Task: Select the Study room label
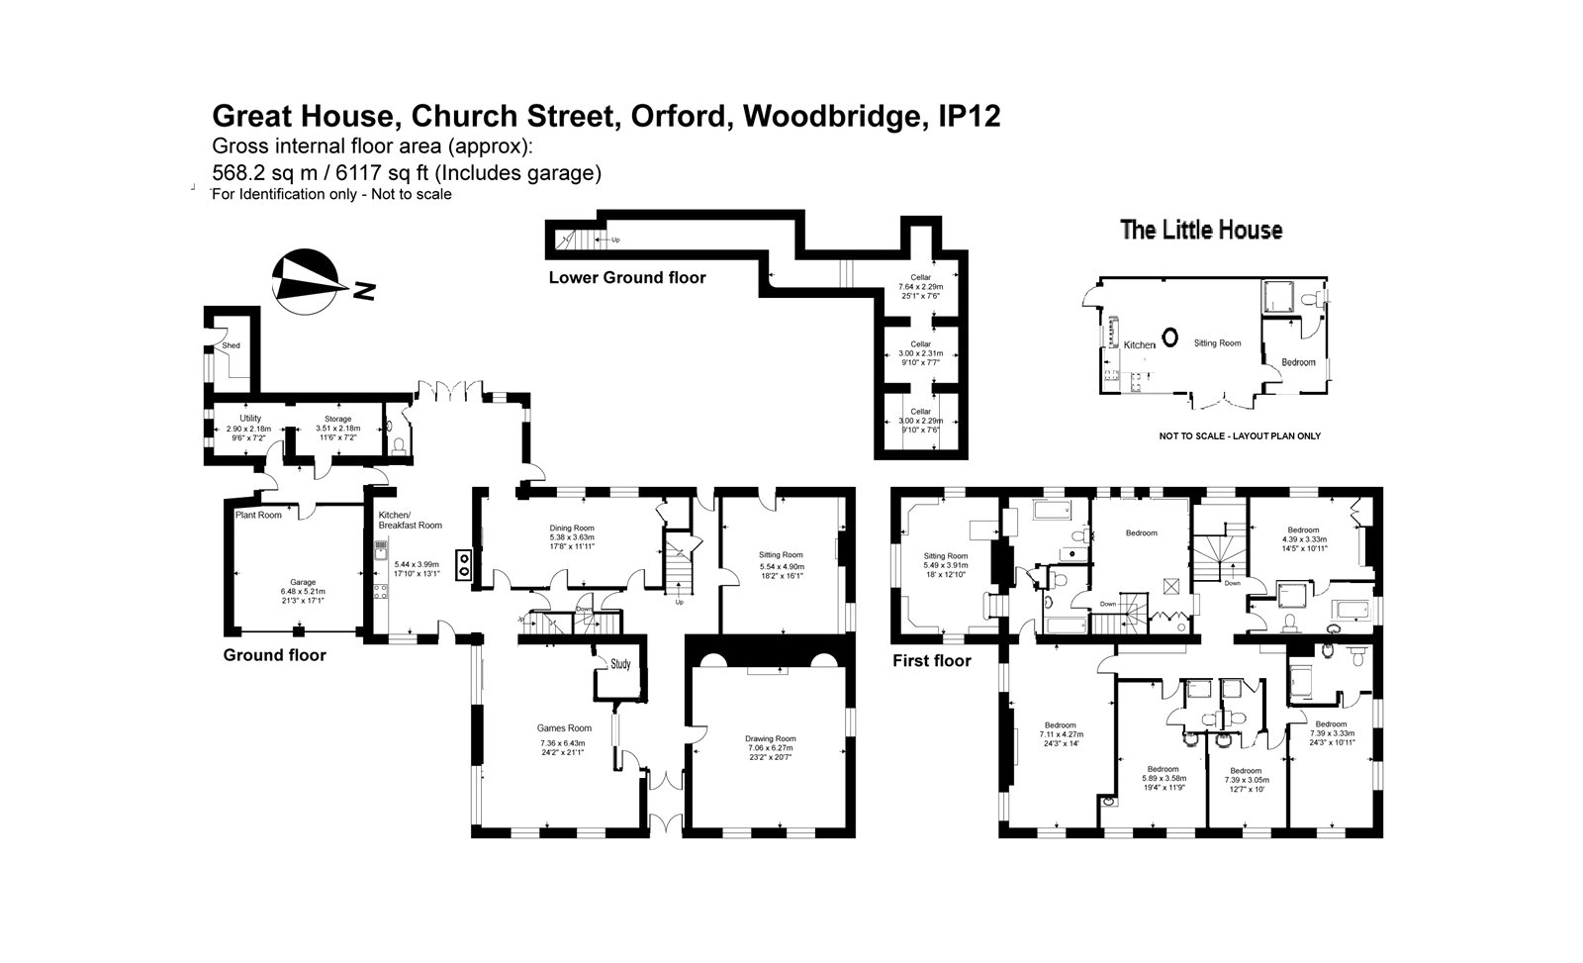[x=621, y=664]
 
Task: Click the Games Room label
[x=565, y=728]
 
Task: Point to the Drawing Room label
[x=770, y=738]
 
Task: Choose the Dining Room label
[x=572, y=529]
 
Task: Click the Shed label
[x=231, y=345]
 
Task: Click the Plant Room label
[x=258, y=515]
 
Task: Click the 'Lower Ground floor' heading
[x=627, y=278]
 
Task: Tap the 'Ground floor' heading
[x=274, y=655]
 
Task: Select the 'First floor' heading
[x=932, y=660]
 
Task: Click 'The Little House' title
[x=1201, y=231]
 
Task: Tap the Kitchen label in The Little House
[x=1139, y=344]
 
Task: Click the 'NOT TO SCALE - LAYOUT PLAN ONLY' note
[x=1240, y=436]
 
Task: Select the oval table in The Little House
[x=1169, y=337]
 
